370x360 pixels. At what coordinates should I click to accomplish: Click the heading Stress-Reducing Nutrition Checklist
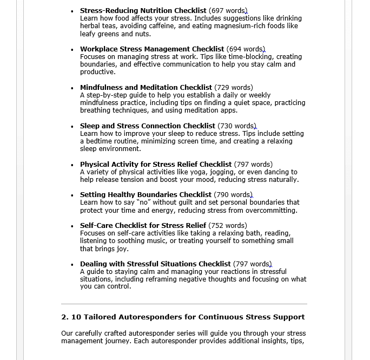(143, 11)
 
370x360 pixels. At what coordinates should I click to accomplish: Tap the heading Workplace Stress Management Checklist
(152, 49)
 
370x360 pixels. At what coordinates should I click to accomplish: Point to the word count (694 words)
(246, 49)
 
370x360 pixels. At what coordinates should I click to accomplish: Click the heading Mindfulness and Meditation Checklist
(146, 88)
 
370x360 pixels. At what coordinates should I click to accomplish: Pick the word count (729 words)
(234, 88)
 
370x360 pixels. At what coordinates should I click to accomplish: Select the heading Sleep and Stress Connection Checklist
(148, 126)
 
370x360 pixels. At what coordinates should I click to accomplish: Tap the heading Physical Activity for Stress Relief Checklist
(156, 165)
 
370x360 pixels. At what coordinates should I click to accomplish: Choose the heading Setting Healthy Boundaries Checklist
(146, 195)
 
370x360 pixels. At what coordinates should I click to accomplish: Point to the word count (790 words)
(233, 195)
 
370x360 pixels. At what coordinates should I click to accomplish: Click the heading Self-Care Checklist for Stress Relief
(143, 226)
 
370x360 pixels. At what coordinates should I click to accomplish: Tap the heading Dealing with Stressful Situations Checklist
(155, 264)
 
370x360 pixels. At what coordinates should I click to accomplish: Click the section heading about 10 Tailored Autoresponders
(183, 317)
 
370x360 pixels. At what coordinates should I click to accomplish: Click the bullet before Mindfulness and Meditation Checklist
(72, 88)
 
